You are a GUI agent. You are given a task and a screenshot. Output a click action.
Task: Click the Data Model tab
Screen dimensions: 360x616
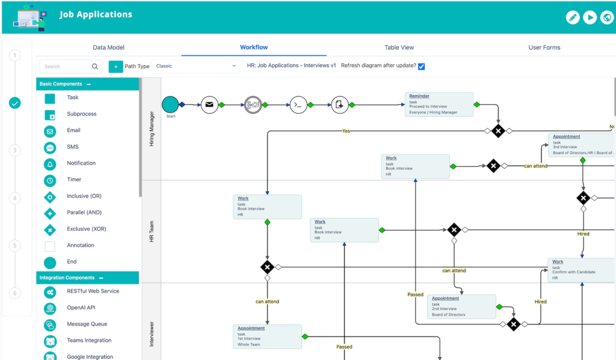point(108,48)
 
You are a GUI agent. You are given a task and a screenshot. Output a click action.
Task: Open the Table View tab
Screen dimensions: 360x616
point(399,48)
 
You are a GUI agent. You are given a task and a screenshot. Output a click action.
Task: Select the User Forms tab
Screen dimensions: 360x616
point(544,48)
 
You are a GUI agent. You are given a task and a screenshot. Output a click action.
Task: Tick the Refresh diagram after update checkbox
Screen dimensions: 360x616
point(421,66)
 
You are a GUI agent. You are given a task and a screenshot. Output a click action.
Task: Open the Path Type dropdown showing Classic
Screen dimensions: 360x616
point(196,66)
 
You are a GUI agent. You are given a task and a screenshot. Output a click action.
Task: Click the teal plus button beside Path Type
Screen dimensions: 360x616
point(115,66)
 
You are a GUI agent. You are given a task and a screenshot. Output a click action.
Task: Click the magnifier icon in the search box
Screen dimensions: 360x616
point(95,67)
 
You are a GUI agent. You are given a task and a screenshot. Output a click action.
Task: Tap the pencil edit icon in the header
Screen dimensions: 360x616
point(573,17)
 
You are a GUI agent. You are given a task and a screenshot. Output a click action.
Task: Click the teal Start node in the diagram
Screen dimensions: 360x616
point(170,104)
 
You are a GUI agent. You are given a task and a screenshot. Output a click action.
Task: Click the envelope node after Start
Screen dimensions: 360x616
point(209,105)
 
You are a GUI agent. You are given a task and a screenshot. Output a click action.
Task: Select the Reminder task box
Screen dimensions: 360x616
point(439,104)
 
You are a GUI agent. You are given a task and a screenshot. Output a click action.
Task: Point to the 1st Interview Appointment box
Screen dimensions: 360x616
point(267,336)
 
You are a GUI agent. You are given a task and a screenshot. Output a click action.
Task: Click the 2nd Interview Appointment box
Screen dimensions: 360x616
point(461,306)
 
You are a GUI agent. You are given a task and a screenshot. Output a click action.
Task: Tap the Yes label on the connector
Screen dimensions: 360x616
point(346,131)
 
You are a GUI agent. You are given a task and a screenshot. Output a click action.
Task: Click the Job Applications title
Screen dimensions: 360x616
point(96,14)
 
